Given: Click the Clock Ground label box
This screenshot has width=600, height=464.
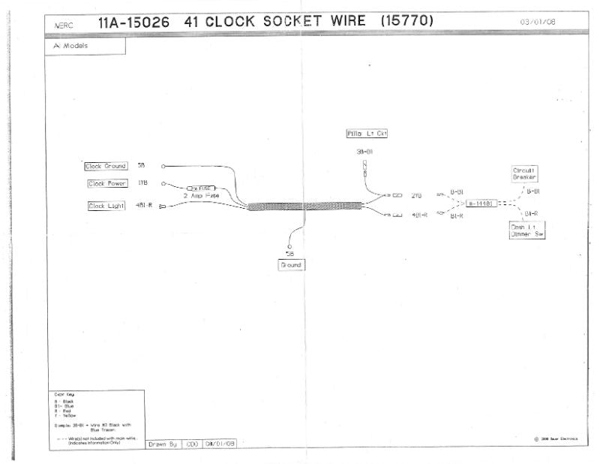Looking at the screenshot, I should (106, 166).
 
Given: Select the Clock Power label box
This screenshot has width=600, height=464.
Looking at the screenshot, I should (107, 183).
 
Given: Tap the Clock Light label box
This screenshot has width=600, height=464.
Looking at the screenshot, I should (107, 206).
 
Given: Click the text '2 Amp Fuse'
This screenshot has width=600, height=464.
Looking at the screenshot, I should (202, 195).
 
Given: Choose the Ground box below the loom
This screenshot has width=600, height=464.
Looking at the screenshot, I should (291, 265).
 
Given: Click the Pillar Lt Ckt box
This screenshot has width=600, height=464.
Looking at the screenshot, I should (366, 134).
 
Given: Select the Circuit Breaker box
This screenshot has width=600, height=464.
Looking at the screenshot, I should (523, 173).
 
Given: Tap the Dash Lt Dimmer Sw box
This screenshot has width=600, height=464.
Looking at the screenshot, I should (526, 230).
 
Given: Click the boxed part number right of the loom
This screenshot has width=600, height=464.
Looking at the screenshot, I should (481, 203).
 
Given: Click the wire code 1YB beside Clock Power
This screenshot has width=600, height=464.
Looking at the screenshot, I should (142, 183).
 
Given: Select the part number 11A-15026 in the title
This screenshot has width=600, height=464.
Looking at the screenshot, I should (136, 22).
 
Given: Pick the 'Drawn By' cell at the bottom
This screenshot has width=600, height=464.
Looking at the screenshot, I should (161, 444).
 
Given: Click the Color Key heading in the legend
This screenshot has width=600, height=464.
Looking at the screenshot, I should (64, 394).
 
